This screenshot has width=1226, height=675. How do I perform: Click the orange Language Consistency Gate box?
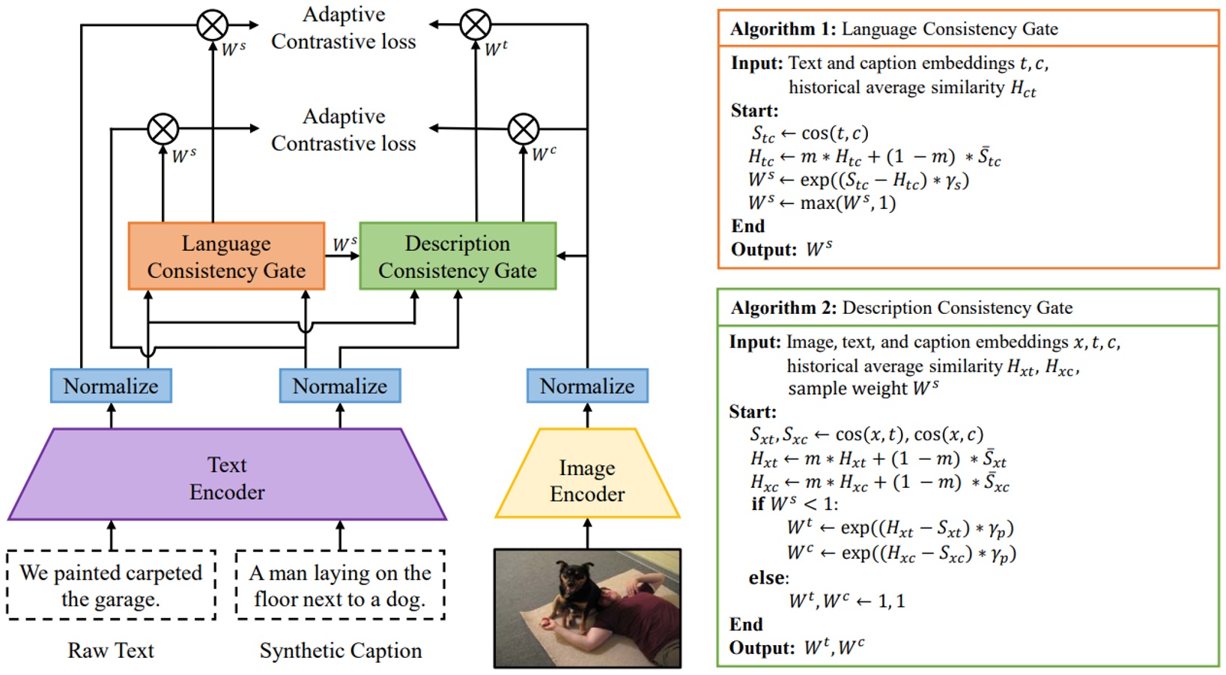[226, 256]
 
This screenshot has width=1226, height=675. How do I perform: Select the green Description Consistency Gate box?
[458, 256]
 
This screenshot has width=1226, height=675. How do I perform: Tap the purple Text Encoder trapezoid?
[227, 477]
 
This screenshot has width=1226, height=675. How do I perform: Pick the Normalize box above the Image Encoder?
[587, 386]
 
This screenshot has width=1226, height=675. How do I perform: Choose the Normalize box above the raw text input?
[111, 386]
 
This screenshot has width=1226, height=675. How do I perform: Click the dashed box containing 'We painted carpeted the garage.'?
[111, 585]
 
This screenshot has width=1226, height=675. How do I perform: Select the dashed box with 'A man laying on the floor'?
[340, 585]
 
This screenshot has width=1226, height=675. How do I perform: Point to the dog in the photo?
[571, 592]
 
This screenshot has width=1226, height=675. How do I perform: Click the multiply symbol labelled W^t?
[476, 25]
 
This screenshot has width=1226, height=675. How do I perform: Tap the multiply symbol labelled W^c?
[524, 129]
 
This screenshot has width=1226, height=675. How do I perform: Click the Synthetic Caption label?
[340, 650]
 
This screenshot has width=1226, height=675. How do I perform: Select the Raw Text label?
[111, 650]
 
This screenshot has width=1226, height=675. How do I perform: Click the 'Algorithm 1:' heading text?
[783, 29]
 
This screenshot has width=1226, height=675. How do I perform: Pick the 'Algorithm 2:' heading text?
[783, 308]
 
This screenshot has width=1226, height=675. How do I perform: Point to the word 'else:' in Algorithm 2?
[768, 578]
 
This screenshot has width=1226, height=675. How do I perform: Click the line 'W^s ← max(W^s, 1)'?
[822, 203]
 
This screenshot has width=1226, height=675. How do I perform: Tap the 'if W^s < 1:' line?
[795, 503]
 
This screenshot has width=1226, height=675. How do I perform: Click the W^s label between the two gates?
[344, 244]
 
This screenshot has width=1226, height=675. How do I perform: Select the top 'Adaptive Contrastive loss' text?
[344, 28]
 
